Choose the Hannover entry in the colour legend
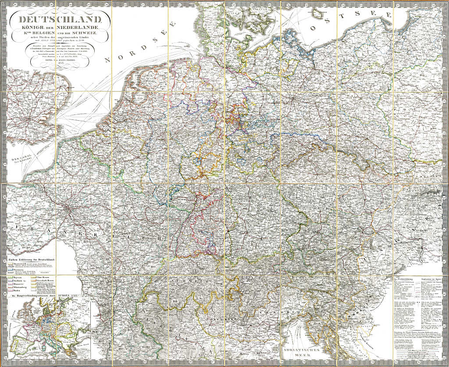20,284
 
